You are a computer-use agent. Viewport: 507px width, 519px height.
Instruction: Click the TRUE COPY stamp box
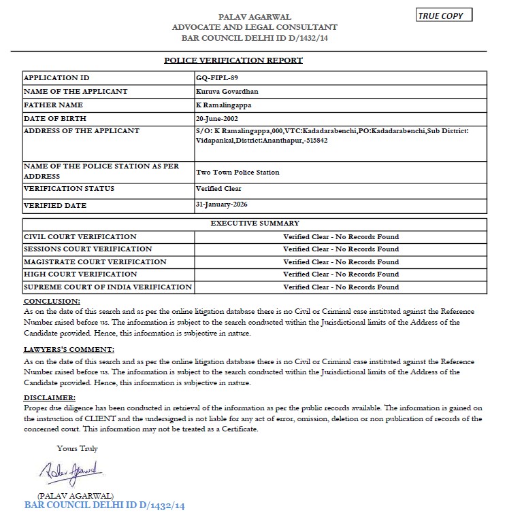(444, 16)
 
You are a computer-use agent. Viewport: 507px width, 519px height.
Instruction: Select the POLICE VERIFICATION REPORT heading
(233, 60)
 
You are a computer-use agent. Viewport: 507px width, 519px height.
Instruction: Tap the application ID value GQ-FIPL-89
(217, 78)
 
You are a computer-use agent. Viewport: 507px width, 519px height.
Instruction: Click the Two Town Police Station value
(238, 173)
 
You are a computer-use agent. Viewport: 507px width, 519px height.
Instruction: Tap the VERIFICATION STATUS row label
(69, 189)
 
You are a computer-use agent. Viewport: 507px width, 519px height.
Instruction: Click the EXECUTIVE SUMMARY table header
(255, 223)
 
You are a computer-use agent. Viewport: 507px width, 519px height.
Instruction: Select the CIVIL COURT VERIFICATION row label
(80, 237)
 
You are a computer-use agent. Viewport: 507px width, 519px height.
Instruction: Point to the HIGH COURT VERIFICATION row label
(80, 274)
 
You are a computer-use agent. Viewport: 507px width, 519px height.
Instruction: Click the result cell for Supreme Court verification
(341, 287)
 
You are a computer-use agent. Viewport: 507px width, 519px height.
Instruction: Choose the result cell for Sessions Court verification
(341, 249)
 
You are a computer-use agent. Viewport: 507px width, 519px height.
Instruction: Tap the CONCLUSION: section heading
(52, 301)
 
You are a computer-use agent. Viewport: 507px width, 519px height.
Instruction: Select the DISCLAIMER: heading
(50, 397)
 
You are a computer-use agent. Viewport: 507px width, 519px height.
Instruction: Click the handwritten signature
(70, 470)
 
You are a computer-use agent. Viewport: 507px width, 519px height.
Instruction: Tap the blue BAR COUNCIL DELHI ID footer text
(105, 506)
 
